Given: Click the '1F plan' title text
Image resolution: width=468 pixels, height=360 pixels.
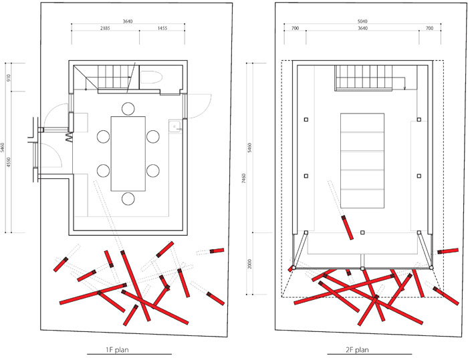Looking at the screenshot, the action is (117, 349).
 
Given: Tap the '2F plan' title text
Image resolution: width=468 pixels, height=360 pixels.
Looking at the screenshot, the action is (357, 349).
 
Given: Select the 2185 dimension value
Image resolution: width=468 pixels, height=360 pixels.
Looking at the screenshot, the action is (105, 28).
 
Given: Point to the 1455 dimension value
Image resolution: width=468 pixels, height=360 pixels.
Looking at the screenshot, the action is (162, 28).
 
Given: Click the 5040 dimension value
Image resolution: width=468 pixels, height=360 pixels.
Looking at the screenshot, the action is (362, 21).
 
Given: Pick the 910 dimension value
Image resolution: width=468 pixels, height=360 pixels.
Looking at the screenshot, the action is (8, 78).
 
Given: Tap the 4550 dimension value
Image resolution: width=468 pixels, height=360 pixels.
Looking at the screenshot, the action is (8, 162).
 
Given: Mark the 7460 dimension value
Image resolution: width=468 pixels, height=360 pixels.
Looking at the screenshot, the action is (244, 178).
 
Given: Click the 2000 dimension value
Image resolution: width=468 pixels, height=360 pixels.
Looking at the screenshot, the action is (250, 264).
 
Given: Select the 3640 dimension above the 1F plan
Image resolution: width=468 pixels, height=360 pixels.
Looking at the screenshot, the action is (128, 21).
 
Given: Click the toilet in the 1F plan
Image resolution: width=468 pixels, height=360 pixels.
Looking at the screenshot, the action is (151, 77).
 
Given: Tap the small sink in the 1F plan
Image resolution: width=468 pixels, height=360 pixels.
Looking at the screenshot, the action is (175, 127).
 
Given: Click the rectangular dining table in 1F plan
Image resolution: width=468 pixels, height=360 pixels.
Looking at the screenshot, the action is (128, 154).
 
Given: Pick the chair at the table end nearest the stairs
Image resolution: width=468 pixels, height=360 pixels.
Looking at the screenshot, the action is (128, 109).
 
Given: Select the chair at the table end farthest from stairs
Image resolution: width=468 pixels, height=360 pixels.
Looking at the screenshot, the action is (128, 198).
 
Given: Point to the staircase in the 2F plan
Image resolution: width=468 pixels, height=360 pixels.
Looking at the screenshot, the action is (363, 77).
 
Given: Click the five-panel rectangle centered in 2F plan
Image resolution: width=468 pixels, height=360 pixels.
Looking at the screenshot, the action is (362, 160).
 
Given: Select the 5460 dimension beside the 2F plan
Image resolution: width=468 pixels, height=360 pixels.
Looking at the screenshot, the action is (250, 148).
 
